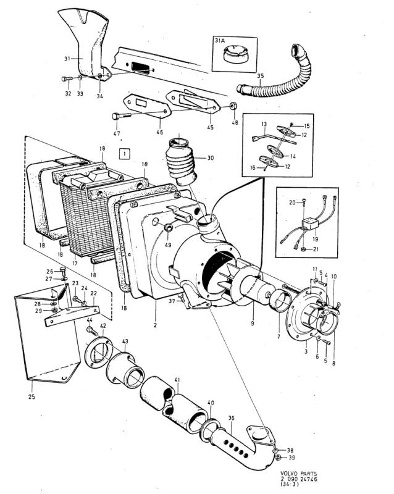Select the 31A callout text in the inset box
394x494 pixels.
[220, 41]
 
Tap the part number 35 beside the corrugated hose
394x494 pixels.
[260, 77]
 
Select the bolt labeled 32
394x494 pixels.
[66, 79]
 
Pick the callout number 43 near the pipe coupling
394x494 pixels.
[125, 342]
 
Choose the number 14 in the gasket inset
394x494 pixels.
[292, 157]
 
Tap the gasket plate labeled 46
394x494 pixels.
[143, 102]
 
